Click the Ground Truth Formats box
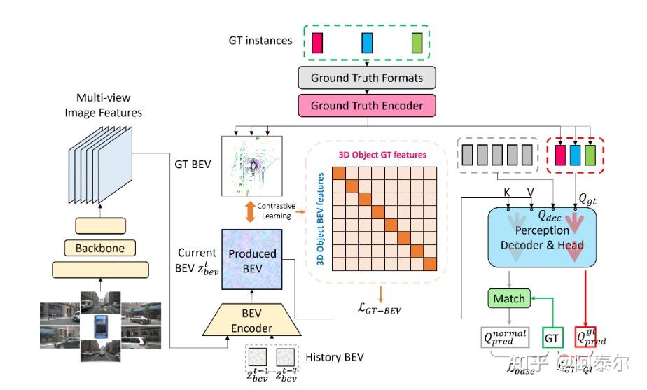pyautogui.click(x=367, y=78)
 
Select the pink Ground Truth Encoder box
pyautogui.click(x=367, y=106)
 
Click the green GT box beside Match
pyautogui.click(x=553, y=338)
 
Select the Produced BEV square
pyautogui.click(x=256, y=258)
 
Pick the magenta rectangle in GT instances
pyautogui.click(x=317, y=42)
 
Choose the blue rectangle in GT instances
pyautogui.click(x=367, y=42)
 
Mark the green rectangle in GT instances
pyautogui.click(x=417, y=42)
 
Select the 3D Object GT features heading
pyautogui.click(x=382, y=154)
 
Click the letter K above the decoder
pyautogui.click(x=507, y=191)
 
